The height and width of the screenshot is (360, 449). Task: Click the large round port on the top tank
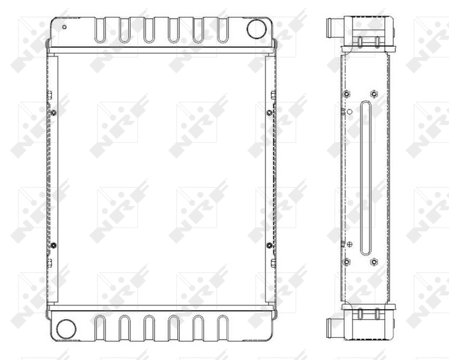pos(257,29)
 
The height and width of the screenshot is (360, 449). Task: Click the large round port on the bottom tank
pos(66,329)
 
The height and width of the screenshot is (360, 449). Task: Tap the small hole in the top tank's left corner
pos(64,27)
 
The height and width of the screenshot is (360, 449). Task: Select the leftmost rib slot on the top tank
pos(100,30)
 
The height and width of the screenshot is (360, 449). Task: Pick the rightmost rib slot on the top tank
pos(222,30)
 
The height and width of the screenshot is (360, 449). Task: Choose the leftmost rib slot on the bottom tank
pos(100,328)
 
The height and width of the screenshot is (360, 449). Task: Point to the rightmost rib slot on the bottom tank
pos(223,328)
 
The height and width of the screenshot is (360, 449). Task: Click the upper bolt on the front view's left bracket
pos(53,113)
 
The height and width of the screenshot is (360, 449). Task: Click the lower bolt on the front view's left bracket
pos(53,245)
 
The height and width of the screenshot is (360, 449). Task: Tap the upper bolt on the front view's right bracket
pos(269,113)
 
